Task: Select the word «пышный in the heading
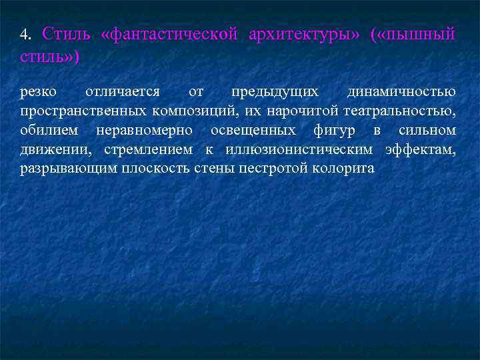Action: pos(414,34)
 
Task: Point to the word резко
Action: pos(38,91)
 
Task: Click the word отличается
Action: pos(123,91)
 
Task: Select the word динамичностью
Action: pos(402,92)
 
